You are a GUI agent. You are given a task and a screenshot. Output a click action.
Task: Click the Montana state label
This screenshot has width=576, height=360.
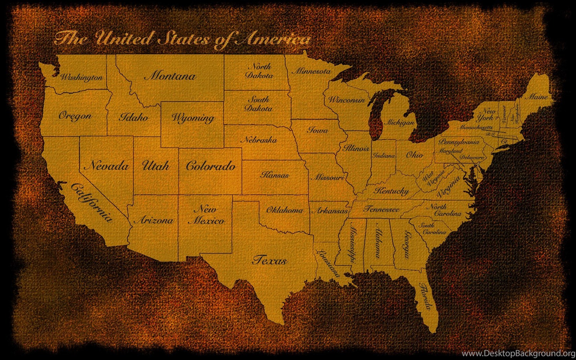(x=170, y=76)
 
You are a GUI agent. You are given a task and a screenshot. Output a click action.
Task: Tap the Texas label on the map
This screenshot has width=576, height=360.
(x=269, y=260)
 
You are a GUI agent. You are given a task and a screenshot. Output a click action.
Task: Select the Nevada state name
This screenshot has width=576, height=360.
(x=107, y=166)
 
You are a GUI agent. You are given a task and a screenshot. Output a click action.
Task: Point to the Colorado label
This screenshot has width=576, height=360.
(x=211, y=166)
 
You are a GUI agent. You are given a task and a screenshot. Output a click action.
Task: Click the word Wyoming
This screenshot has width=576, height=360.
(x=193, y=118)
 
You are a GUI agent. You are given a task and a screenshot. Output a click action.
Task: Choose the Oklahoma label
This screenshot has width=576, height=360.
(x=285, y=210)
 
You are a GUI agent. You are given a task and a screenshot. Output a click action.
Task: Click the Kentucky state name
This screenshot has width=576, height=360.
(x=391, y=191)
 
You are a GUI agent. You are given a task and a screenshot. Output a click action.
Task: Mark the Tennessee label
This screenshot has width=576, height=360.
(x=381, y=209)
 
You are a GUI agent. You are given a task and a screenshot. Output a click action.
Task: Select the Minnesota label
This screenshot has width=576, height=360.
(x=311, y=71)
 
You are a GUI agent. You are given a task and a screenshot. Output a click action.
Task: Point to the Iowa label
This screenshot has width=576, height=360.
(x=317, y=130)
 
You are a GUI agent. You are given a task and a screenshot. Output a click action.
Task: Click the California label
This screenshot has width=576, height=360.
(x=92, y=202)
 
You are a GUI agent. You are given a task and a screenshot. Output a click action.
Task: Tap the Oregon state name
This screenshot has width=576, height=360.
(x=75, y=116)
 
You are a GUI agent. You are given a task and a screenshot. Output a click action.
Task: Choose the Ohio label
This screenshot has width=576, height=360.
(x=415, y=155)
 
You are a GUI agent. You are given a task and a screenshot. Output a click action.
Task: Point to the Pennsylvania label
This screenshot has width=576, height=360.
(x=459, y=142)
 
